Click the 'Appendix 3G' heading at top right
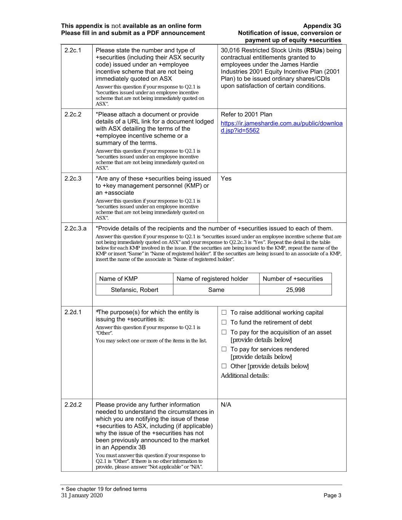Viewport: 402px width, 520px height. (x=322, y=26)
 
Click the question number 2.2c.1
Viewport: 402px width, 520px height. (x=73, y=50)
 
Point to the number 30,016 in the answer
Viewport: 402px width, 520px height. (x=230, y=50)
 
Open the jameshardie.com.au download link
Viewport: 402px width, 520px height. (x=282, y=127)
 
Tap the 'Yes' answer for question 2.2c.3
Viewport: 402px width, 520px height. (x=226, y=179)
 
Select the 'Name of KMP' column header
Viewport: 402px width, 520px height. (x=119, y=279)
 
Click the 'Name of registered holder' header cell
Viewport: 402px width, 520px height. (x=212, y=279)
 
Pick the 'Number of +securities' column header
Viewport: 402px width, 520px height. (x=293, y=279)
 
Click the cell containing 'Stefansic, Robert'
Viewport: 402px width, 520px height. (x=135, y=290)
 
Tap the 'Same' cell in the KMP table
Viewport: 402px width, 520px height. (x=216, y=290)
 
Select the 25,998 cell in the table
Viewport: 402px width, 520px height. (x=295, y=290)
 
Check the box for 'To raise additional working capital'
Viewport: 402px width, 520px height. (x=224, y=313)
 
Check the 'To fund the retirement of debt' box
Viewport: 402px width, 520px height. (x=224, y=323)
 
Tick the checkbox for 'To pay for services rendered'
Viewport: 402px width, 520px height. (x=224, y=349)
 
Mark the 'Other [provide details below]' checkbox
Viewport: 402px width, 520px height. (x=224, y=366)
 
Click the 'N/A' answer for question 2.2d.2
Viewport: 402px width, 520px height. (x=226, y=405)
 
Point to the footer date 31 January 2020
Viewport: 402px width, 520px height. (x=82, y=496)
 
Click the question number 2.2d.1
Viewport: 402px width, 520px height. (x=73, y=312)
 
